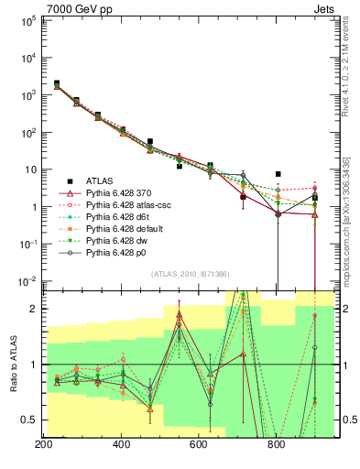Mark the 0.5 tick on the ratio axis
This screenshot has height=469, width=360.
27,420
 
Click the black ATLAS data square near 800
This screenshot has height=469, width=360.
278,174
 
